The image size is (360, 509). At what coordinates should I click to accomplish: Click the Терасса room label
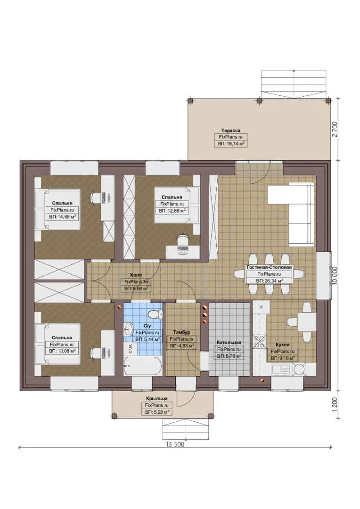coord(231,131)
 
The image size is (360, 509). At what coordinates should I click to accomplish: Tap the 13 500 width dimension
coord(175,444)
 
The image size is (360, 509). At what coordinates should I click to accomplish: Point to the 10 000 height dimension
coord(335,276)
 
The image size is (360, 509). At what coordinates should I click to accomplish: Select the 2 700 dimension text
coord(335,129)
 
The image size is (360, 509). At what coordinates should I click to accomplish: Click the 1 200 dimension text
coord(335,404)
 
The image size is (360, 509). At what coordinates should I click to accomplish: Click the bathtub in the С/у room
coord(142,366)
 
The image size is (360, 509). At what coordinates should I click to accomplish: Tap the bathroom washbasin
coord(128,329)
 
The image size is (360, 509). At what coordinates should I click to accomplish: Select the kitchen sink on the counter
coord(280,369)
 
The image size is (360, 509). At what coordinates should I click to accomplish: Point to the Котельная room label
coord(229,343)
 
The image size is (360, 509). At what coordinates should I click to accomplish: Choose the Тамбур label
coord(181,332)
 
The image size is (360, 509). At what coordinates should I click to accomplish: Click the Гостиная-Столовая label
coord(269,268)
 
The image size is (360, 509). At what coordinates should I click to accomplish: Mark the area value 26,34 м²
coord(270,281)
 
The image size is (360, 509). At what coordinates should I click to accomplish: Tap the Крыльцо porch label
coord(157,398)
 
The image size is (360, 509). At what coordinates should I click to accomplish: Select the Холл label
coord(136,275)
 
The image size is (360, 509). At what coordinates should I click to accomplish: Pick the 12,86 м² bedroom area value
coord(172,211)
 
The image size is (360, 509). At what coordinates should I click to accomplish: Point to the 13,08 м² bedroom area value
coord(62,351)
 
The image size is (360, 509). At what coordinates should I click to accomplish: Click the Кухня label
coord(282,345)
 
